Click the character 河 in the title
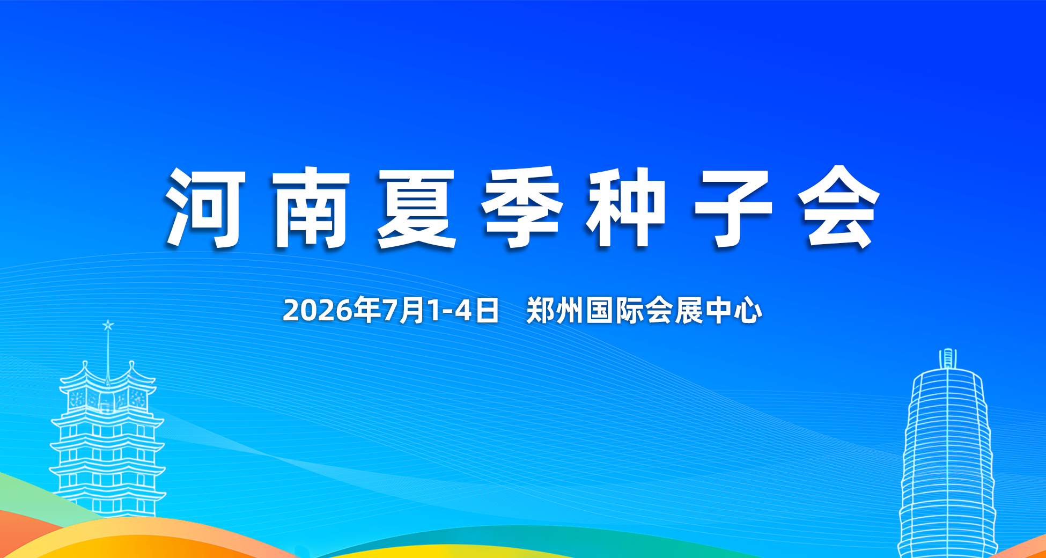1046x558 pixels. [205, 208]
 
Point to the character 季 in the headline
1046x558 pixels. [522, 208]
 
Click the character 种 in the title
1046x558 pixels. [627, 208]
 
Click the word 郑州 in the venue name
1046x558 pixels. [555, 311]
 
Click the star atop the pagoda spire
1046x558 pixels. [108, 325]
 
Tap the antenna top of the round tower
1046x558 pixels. [948, 358]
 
